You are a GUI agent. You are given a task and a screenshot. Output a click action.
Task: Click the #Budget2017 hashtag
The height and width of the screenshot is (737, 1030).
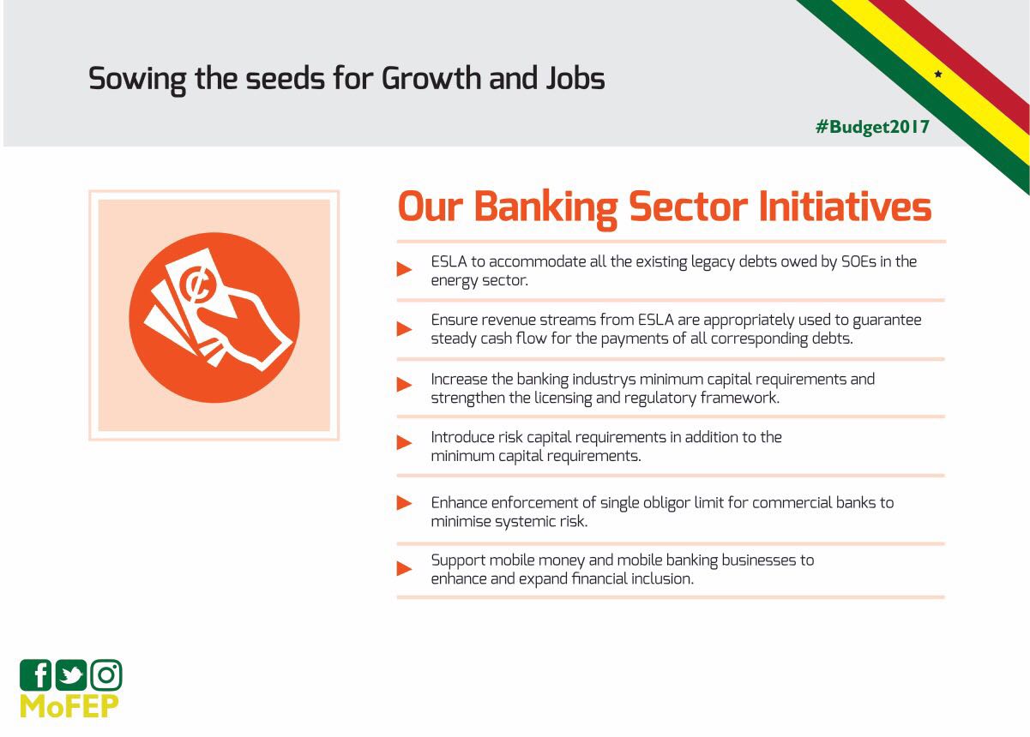click(872, 127)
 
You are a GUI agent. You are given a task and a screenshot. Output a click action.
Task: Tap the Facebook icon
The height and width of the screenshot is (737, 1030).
click(35, 674)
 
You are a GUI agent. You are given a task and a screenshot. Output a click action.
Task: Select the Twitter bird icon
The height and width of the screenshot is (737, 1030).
click(71, 674)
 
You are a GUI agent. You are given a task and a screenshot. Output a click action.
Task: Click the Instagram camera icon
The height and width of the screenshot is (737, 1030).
click(106, 674)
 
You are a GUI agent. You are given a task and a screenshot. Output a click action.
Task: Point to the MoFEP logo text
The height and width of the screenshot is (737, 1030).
click(69, 706)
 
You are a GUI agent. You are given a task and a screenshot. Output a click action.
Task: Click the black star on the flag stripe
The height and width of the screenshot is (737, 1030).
click(938, 74)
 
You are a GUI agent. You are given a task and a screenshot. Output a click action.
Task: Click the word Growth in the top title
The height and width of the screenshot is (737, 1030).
click(431, 78)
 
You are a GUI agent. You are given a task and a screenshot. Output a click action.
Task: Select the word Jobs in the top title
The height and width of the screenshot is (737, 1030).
click(575, 78)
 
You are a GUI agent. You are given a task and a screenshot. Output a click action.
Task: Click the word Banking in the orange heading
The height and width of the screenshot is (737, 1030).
click(545, 207)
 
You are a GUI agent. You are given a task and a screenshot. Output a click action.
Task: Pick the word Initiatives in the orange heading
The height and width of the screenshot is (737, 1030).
click(845, 207)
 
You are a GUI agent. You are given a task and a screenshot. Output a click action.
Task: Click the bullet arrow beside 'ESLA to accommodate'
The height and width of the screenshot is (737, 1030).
click(404, 269)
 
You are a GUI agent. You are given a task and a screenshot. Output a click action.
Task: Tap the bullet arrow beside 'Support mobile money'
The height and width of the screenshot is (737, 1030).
click(404, 568)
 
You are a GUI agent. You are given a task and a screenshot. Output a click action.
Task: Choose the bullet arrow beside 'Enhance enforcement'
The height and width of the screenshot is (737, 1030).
click(404, 503)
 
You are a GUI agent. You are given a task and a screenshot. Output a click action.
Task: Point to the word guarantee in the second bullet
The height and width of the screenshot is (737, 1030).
click(887, 321)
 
